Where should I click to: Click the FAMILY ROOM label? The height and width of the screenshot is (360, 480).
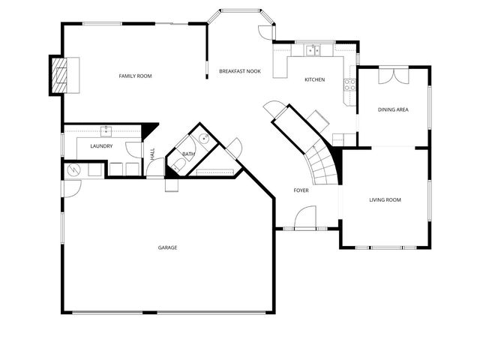tap(135, 76)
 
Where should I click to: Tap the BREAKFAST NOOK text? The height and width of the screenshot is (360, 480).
tap(239, 70)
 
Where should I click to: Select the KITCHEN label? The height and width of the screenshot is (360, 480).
tap(314, 79)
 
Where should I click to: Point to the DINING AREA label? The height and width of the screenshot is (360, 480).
tap(393, 110)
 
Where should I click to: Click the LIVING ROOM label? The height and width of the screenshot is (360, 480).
tap(385, 200)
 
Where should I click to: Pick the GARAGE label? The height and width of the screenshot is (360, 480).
tap(167, 247)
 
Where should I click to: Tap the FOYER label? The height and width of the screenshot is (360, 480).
tap(301, 190)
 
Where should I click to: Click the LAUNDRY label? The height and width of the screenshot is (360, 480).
tap(101, 146)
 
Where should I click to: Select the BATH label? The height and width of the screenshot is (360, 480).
tap(188, 154)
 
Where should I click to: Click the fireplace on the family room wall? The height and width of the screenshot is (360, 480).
tap(58, 74)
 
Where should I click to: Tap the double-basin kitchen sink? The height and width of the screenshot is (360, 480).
tap(313, 51)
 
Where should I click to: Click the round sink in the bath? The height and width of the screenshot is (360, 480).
tap(203, 140)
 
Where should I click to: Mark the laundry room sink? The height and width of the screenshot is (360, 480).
tap(105, 130)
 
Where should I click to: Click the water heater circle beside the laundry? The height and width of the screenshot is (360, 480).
tap(73, 169)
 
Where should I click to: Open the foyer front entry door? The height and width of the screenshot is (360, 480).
tap(304, 220)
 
